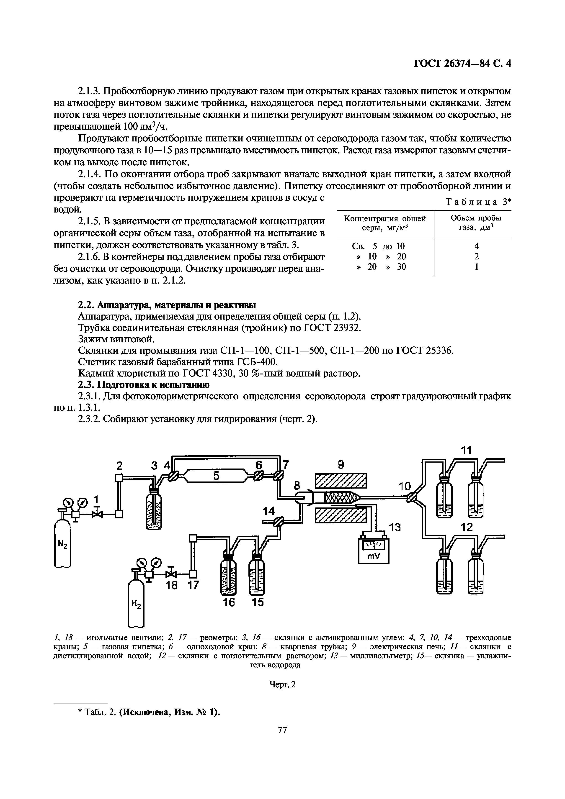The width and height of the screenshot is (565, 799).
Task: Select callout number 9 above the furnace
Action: [x=341, y=465]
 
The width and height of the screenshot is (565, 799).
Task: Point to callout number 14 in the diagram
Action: [x=269, y=511]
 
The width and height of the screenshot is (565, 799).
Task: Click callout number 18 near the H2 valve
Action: [x=171, y=585]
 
